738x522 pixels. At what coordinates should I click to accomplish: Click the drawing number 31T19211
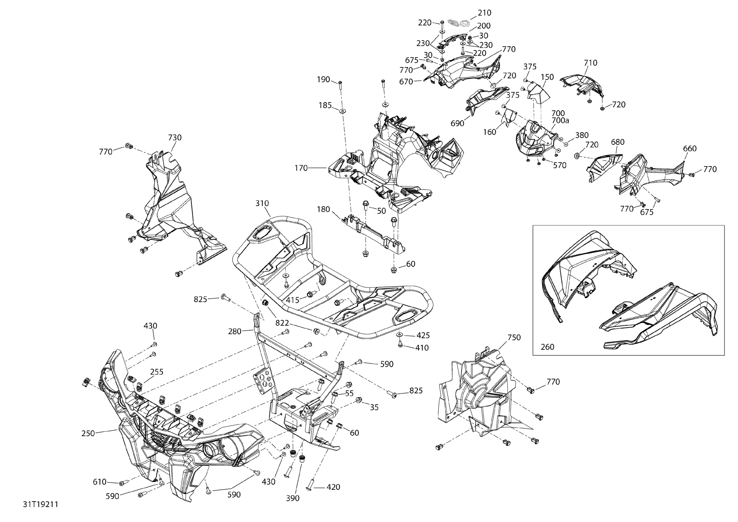(41, 504)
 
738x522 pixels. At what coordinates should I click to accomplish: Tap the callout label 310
(262, 203)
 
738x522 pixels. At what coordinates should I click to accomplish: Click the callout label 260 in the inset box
(547, 347)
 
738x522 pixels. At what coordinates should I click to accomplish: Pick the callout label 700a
(560, 121)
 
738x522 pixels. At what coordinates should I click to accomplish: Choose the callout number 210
(484, 13)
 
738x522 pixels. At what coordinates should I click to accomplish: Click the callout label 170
(301, 168)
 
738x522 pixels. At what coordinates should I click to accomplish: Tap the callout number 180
(323, 209)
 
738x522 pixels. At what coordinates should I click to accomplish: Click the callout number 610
(100, 482)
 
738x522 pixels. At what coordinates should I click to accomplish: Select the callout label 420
(333, 487)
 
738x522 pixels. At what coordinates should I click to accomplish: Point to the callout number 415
(292, 300)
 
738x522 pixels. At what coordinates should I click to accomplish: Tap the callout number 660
(690, 149)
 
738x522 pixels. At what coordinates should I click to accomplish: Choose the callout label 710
(590, 63)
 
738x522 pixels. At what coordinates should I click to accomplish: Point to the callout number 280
(235, 331)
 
